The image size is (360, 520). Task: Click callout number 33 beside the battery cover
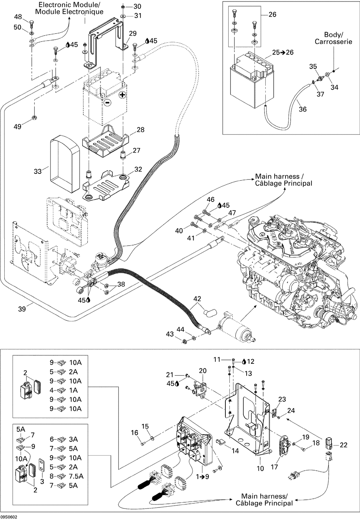tap(38, 172)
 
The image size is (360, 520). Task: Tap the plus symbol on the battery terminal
tap(122, 95)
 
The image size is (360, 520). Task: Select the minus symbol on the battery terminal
tap(107, 103)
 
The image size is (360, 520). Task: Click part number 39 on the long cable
tap(22, 309)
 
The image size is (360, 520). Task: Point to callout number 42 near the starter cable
tap(197, 299)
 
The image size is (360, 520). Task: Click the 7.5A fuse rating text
tap(76, 476)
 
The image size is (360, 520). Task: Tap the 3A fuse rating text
tap(73, 439)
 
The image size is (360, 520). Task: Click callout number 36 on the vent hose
tap(303, 109)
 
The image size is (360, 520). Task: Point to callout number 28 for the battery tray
tap(140, 130)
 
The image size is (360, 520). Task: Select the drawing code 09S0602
tap(9, 517)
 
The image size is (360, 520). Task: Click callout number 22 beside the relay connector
tap(343, 445)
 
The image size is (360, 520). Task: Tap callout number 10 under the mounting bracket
tap(260, 468)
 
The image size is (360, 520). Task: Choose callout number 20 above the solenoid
tap(203, 371)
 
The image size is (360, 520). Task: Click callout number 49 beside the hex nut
tap(18, 126)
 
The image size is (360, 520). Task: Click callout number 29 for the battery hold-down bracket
tap(132, 33)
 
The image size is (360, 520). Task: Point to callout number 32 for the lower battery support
tap(138, 169)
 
